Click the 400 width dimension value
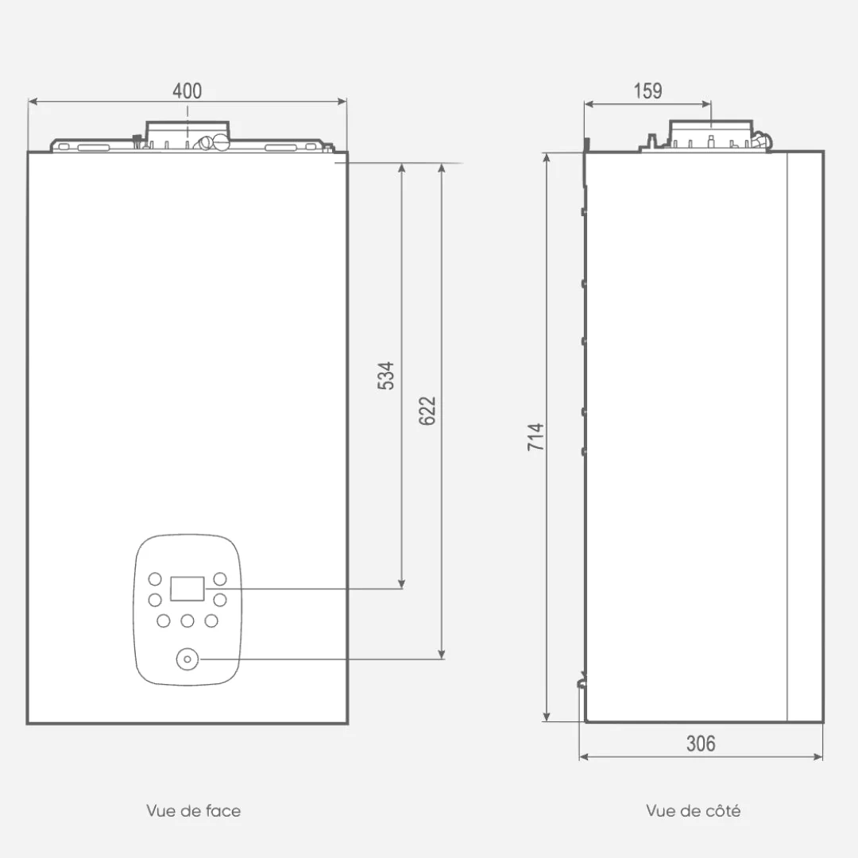point(187,91)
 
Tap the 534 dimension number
point(386,375)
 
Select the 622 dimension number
point(427,411)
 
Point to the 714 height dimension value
point(535,437)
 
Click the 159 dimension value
point(648,91)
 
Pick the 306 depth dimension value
point(701,744)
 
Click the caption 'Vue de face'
point(194,810)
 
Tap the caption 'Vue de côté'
point(694,810)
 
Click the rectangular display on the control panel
point(187,589)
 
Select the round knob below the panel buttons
point(187,659)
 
